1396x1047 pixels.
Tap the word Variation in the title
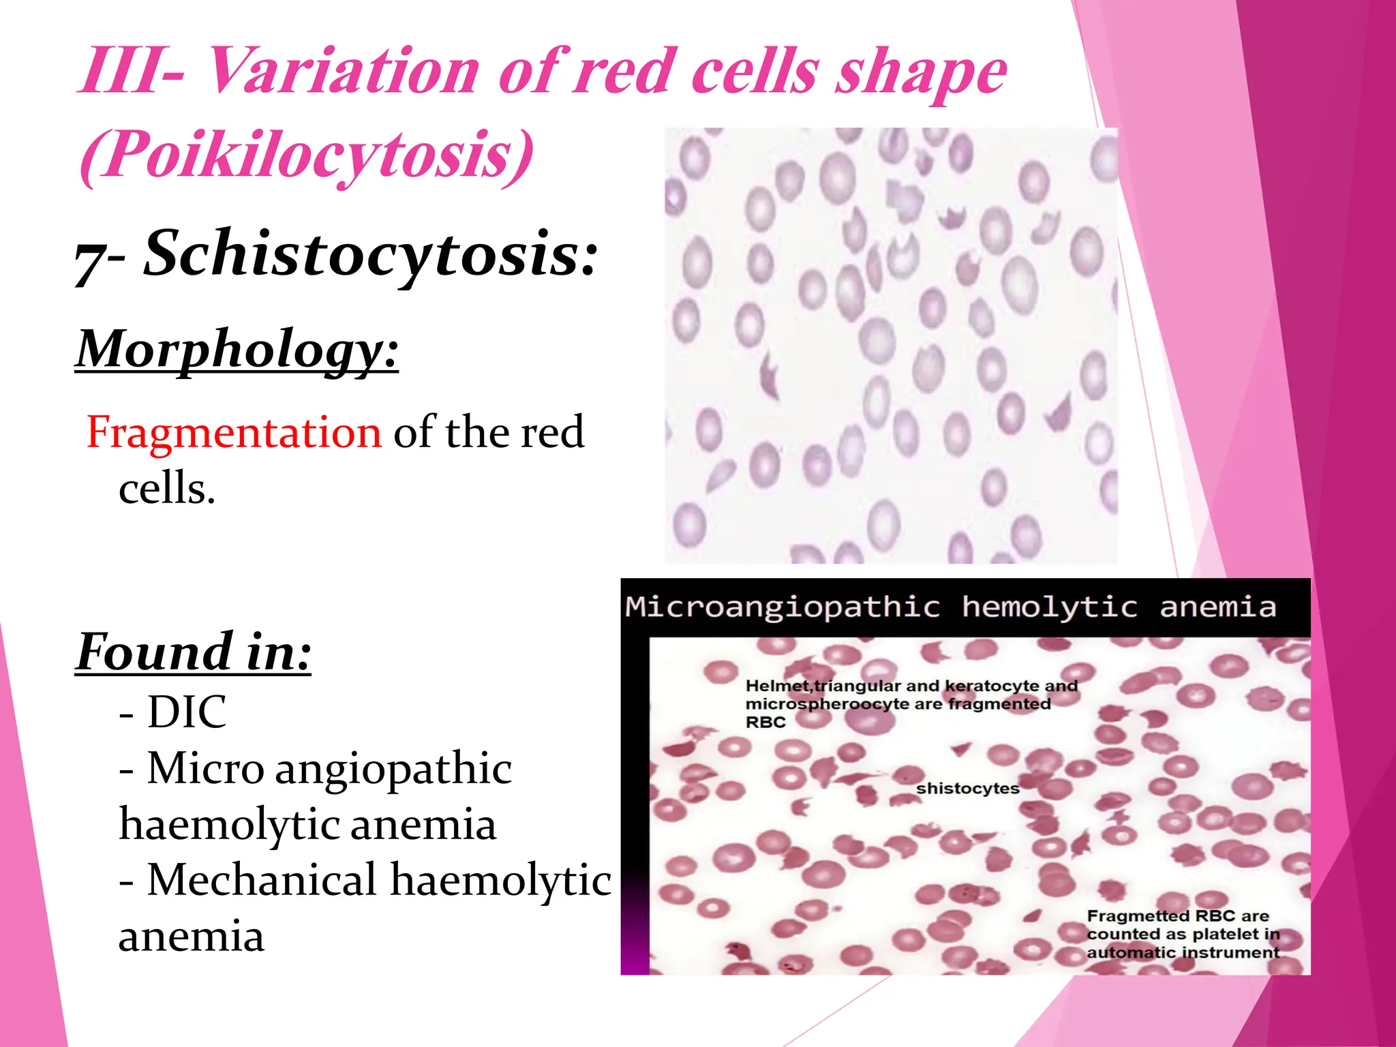pyautogui.click(x=341, y=72)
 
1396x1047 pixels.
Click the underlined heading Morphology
pyautogui.click(x=237, y=349)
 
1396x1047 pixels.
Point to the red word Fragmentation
pyautogui.click(x=234, y=432)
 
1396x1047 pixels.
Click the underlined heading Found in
pyautogui.click(x=194, y=652)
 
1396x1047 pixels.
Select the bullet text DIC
pyautogui.click(x=186, y=712)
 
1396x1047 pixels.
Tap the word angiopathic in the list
pyautogui.click(x=393, y=768)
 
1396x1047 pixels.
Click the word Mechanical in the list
pyautogui.click(x=262, y=879)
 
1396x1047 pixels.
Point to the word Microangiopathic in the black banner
pyautogui.click(x=783, y=607)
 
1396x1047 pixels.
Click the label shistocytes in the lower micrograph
pyautogui.click(x=967, y=789)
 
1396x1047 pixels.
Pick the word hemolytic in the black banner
pyautogui.click(x=1049, y=607)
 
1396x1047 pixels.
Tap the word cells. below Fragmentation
pyautogui.click(x=167, y=489)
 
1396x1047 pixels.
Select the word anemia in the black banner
pyautogui.click(x=1217, y=607)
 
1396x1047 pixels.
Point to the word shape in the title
pyautogui.click(x=922, y=74)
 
